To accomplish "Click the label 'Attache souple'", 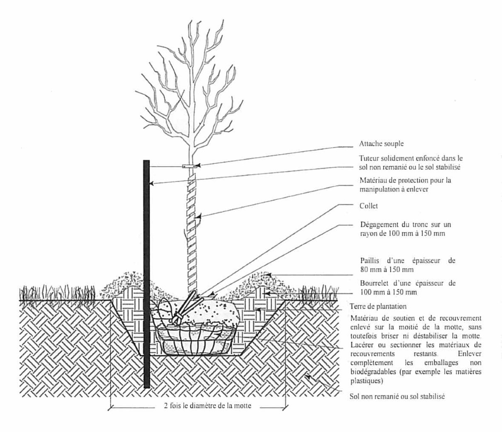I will [x=381, y=144].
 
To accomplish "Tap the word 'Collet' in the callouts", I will [x=369, y=206].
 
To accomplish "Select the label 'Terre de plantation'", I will [x=378, y=307].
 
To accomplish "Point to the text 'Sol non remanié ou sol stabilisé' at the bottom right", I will [x=397, y=396].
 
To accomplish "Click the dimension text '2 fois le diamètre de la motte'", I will [x=207, y=406].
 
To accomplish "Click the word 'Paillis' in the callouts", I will [x=371, y=261].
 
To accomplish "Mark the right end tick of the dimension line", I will [x=285, y=408].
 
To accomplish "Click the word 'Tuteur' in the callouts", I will [x=369, y=158].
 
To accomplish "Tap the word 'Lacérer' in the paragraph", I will [x=361, y=345].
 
